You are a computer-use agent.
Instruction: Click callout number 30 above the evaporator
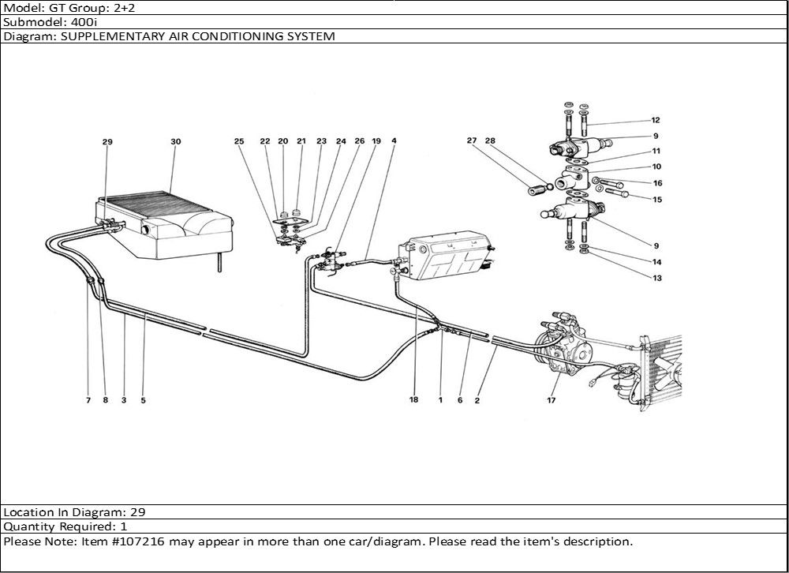(x=175, y=142)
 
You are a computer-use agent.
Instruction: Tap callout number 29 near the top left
(x=107, y=142)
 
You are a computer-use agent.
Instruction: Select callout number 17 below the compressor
(x=550, y=400)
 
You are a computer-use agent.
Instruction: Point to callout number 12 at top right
(x=656, y=121)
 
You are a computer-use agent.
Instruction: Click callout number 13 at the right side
(x=656, y=278)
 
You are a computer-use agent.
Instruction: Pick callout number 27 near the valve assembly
(x=472, y=141)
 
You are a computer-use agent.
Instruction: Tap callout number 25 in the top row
(x=239, y=141)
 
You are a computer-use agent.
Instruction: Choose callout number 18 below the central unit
(x=413, y=400)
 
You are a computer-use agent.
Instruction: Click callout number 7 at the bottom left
(x=88, y=400)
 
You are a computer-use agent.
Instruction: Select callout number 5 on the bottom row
(x=143, y=400)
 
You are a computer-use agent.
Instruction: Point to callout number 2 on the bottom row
(x=477, y=400)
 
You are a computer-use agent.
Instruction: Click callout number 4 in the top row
(x=393, y=141)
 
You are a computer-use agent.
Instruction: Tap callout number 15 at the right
(x=656, y=200)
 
